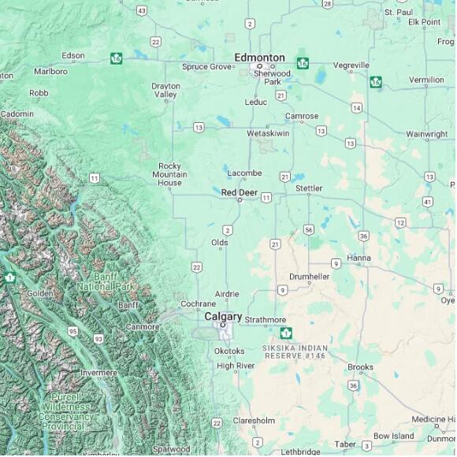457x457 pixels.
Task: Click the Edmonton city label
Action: pyautogui.click(x=259, y=58)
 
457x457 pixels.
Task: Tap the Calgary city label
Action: pyautogui.click(x=223, y=316)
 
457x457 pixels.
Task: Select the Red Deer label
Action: pyautogui.click(x=240, y=192)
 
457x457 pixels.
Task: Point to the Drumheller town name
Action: pyautogui.click(x=310, y=277)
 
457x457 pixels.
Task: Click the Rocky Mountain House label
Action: pyautogui.click(x=169, y=174)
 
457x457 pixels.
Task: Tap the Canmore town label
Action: pyautogui.click(x=142, y=326)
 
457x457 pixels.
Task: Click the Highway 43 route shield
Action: pyautogui.click(x=141, y=10)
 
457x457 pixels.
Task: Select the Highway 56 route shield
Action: pyautogui.click(x=308, y=229)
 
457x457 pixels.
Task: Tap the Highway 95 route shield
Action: pyautogui.click(x=72, y=332)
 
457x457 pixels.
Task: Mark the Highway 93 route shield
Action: pyautogui.click(x=98, y=338)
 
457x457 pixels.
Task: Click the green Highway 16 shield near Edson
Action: pyautogui.click(x=117, y=58)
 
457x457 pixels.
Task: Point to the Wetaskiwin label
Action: pyautogui.click(x=268, y=133)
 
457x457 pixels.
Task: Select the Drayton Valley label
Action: pyautogui.click(x=165, y=90)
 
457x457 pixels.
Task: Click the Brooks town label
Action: pyautogui.click(x=360, y=367)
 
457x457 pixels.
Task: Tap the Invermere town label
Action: pyautogui.click(x=98, y=373)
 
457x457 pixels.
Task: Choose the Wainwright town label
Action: pyautogui.click(x=426, y=135)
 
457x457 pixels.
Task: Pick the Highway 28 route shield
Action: pyautogui.click(x=327, y=4)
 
